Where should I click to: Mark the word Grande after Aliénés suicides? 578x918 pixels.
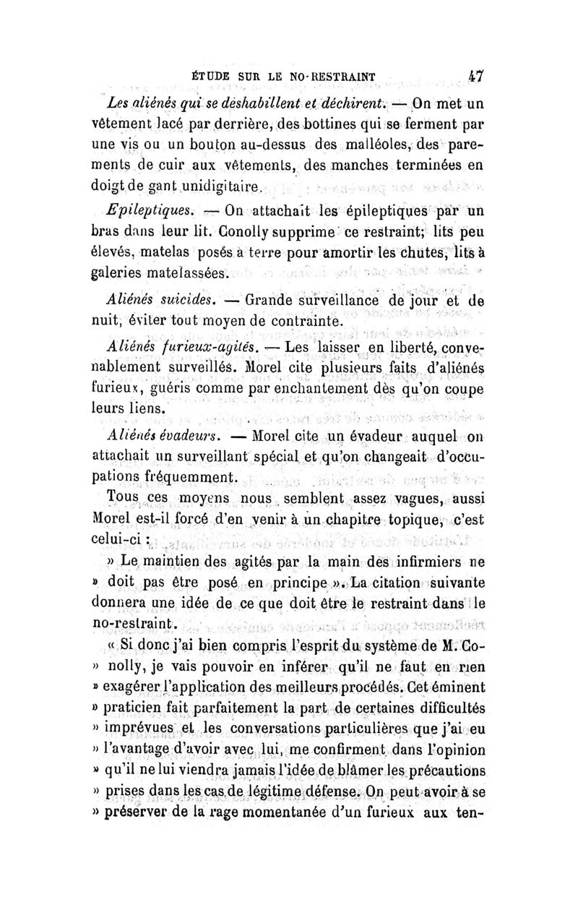(x=274, y=298)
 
